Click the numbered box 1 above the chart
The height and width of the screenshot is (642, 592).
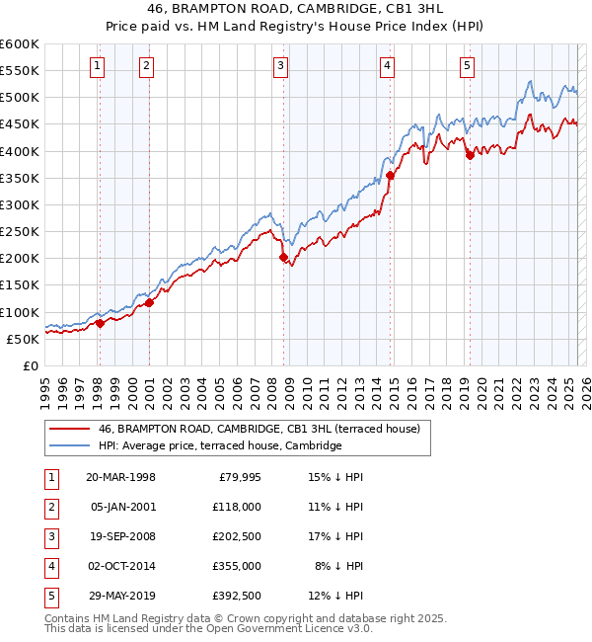coord(99,66)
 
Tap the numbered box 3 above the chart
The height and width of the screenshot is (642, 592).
coord(281,66)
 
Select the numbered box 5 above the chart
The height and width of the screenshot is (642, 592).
coord(466,66)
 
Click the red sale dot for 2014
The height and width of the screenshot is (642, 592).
coord(390,175)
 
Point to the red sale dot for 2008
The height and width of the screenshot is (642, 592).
coord(284,257)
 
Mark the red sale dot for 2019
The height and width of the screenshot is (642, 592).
coord(470,154)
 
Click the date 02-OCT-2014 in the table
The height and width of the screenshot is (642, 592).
coord(120,567)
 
